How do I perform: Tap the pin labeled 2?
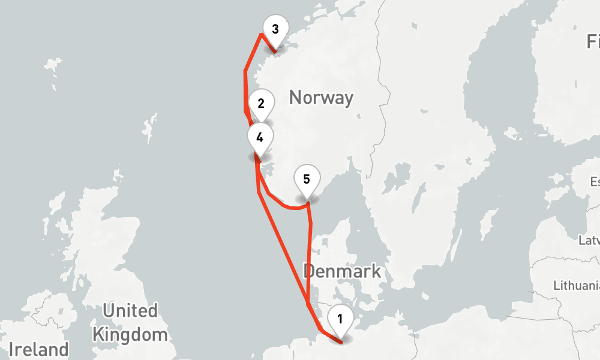(261, 103)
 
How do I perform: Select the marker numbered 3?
(275, 29)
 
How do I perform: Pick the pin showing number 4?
(259, 137)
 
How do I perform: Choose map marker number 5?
(307, 179)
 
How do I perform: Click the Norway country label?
(321, 97)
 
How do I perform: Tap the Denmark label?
(342, 271)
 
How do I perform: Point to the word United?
(130, 311)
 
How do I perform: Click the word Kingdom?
(130, 334)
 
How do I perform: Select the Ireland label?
(38, 350)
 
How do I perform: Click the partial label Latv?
(589, 241)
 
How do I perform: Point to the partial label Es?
(595, 182)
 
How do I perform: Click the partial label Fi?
(593, 42)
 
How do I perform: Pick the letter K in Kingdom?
(98, 334)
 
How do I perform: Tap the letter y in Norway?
(347, 99)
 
